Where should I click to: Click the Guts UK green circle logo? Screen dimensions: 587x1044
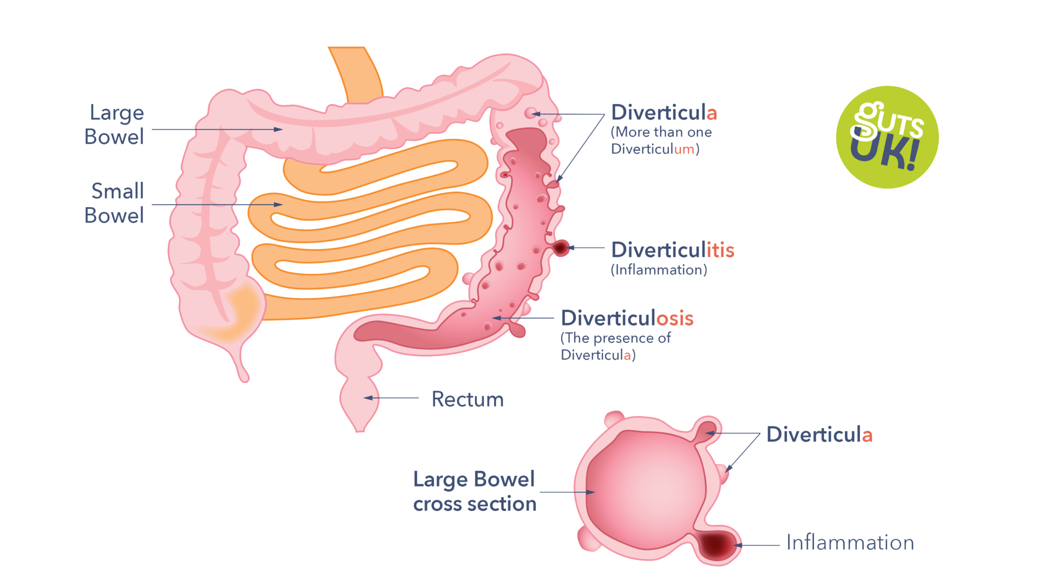point(887,137)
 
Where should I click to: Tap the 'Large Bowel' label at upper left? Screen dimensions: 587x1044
point(115,124)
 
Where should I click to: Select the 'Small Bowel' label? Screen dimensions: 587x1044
point(115,203)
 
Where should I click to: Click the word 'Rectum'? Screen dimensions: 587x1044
point(467,399)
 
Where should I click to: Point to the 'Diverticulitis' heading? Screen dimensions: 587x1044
point(672,249)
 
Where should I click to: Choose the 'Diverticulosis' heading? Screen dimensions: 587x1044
point(627,318)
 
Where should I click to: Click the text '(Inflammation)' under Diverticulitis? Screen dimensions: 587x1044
point(659,270)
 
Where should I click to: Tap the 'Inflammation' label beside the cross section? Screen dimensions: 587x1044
point(850,543)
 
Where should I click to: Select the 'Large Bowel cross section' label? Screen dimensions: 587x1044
point(474,491)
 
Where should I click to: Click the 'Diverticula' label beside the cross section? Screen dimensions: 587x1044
point(819,434)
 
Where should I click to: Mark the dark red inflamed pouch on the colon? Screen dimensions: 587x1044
point(561,247)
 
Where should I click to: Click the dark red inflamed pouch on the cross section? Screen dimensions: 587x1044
point(716,544)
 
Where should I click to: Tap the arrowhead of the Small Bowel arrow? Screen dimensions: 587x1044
point(280,205)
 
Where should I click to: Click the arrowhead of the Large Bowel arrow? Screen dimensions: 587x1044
point(280,130)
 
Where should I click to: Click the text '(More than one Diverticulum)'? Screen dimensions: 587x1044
point(661,141)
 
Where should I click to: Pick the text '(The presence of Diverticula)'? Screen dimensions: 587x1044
point(615,346)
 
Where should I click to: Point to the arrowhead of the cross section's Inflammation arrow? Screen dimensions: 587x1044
point(736,545)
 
